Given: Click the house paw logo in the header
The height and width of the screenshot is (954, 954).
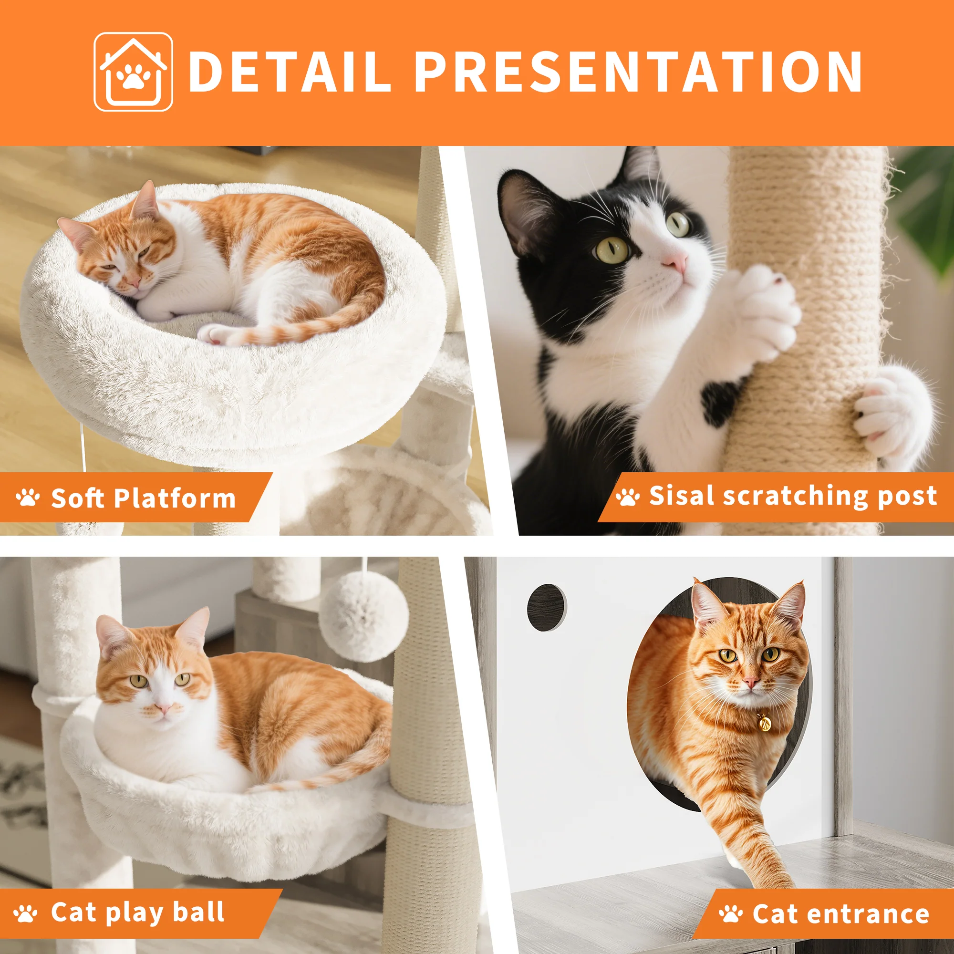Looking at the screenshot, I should click(x=134, y=72).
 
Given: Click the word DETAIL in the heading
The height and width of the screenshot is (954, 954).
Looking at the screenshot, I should click(x=290, y=72).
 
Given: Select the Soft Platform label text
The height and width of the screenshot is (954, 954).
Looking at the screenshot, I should click(x=143, y=498).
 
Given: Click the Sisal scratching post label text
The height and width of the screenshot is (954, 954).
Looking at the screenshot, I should click(x=792, y=496).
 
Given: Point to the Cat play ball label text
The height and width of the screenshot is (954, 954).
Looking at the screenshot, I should click(x=138, y=912).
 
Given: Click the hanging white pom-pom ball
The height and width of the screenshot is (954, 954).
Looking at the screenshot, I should click(x=363, y=616).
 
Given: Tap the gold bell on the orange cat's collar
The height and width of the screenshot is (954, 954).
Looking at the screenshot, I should click(x=763, y=724).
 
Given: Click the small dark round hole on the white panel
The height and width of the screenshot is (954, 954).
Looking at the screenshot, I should click(x=547, y=607).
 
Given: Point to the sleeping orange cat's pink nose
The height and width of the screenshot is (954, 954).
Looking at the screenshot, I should click(x=132, y=282).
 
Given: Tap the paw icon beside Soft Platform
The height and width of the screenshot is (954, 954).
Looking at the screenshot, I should click(x=28, y=497).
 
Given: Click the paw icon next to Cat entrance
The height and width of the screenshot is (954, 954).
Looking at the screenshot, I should click(x=731, y=913).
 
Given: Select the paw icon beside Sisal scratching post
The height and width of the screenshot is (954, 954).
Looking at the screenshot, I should click(x=628, y=496).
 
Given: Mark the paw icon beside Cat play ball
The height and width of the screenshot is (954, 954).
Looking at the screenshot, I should click(x=26, y=913).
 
